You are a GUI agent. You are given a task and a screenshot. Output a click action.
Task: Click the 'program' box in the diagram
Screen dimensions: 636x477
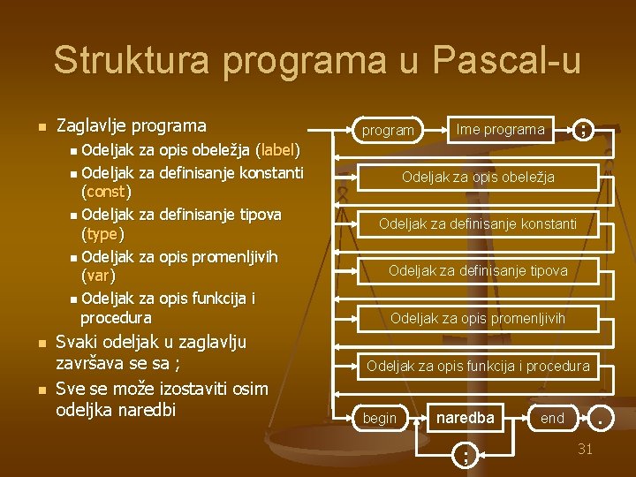coord(388,130)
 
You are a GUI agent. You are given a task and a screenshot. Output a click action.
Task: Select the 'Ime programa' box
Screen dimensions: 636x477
coord(500,129)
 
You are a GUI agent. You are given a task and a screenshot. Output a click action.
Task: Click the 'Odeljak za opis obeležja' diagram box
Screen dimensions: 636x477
coord(478,177)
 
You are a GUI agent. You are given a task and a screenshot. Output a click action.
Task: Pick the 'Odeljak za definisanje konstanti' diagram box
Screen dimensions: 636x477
coord(478,223)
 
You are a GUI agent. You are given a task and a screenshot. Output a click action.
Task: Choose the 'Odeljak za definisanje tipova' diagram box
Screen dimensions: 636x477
coord(478,270)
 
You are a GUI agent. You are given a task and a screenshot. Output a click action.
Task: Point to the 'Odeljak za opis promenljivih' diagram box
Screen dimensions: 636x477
coord(478,318)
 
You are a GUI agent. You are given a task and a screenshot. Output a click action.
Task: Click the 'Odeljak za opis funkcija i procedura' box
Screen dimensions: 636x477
coord(478,365)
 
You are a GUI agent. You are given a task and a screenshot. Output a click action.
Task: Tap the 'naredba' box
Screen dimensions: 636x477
coord(465,417)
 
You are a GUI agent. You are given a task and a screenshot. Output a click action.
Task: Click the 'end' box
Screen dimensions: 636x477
coord(552,418)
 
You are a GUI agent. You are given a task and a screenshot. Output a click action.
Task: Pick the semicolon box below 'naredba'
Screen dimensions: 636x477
coord(465,455)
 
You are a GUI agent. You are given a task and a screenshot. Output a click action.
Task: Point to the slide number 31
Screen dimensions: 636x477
coord(585,450)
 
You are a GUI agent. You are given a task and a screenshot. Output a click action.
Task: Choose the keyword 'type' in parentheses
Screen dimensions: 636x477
coord(102,234)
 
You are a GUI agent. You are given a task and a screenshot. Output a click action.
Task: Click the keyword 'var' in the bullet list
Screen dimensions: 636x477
coord(98,276)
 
